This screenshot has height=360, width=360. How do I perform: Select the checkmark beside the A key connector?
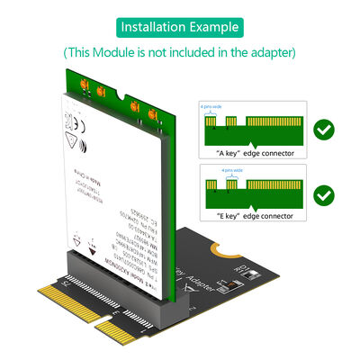coord(324,131)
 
